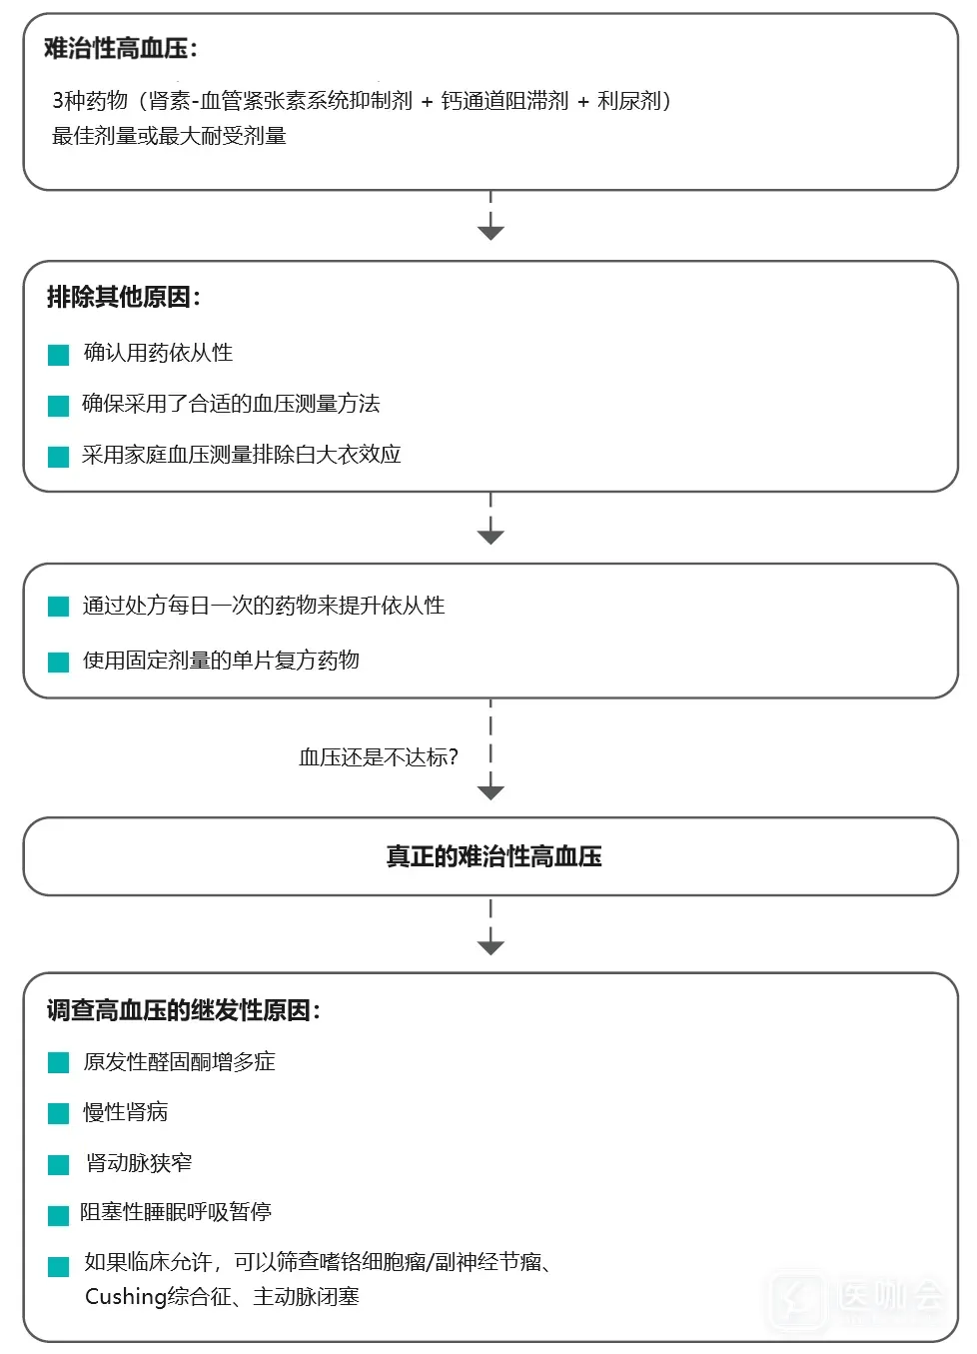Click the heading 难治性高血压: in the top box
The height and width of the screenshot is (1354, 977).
pyautogui.click(x=120, y=48)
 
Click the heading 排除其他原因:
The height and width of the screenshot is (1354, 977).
pyautogui.click(x=123, y=297)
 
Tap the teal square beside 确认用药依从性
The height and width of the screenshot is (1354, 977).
pyautogui.click(x=59, y=355)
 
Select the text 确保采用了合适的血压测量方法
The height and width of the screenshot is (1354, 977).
pyautogui.click(x=231, y=404)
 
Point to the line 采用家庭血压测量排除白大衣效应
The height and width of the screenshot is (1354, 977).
pyautogui.click(x=241, y=455)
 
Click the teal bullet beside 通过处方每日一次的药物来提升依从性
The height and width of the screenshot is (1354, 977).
pyautogui.click(x=59, y=607)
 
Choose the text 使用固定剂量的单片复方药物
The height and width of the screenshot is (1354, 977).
pyautogui.click(x=221, y=661)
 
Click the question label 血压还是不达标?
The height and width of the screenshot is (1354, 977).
pyautogui.click(x=379, y=757)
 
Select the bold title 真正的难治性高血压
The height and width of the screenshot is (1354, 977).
pyautogui.click(x=493, y=856)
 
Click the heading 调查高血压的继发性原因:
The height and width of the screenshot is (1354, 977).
pyautogui.click(x=183, y=1010)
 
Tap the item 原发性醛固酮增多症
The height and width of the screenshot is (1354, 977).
pyautogui.click(x=179, y=1062)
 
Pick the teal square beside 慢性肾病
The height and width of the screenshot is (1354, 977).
pyautogui.click(x=59, y=1113)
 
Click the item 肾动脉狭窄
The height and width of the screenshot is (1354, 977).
pyautogui.click(x=139, y=1163)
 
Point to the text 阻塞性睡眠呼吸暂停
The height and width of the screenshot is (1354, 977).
pyautogui.click(x=176, y=1212)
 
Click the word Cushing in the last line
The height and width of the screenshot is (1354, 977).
pyautogui.click(x=125, y=1297)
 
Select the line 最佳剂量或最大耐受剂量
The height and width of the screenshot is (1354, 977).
pyautogui.click(x=169, y=136)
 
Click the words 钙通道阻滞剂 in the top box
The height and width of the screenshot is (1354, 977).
pyautogui.click(x=504, y=101)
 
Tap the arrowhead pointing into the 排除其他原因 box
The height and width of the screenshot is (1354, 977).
pyautogui.click(x=490, y=233)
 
